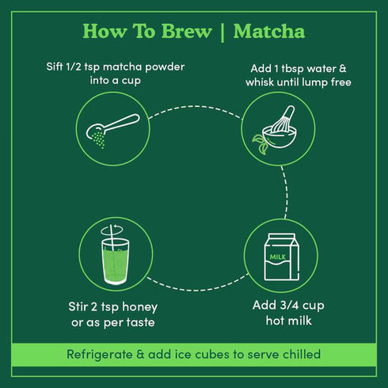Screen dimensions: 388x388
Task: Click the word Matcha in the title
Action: coord(268,32)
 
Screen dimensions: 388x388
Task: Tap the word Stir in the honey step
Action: coord(79,305)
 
